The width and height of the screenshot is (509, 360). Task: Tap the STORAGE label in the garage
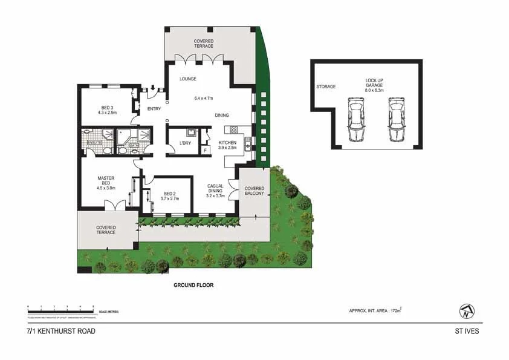coord(326,87)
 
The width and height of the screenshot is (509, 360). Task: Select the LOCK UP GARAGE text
coord(374,83)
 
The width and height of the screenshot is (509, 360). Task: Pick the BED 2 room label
coord(166,195)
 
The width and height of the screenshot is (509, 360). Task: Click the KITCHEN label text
coord(227,143)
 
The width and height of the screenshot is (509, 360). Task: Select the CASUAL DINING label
coord(215,191)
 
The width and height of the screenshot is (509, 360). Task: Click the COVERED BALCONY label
coord(254,191)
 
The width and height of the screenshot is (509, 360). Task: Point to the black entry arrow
coord(153,88)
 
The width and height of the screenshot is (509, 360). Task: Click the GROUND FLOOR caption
coord(193,285)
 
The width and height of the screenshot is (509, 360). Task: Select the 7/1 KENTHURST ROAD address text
coord(60,331)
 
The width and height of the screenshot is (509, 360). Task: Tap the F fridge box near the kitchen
coord(205,149)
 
